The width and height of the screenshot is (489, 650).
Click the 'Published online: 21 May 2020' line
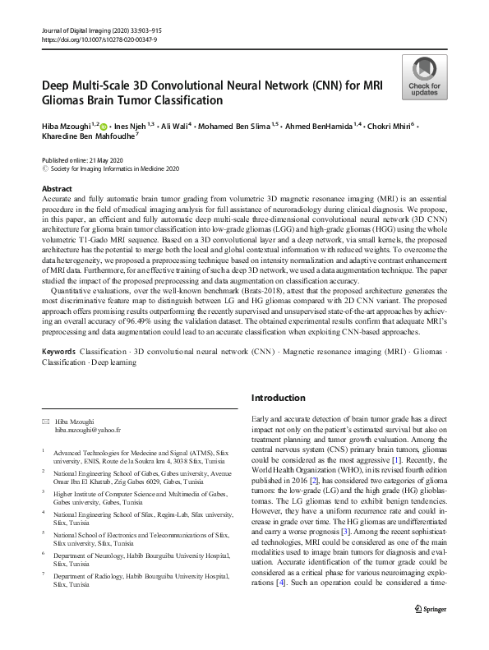81,159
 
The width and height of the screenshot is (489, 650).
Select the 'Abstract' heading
57,189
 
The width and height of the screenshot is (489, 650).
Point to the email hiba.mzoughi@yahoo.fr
88,430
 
